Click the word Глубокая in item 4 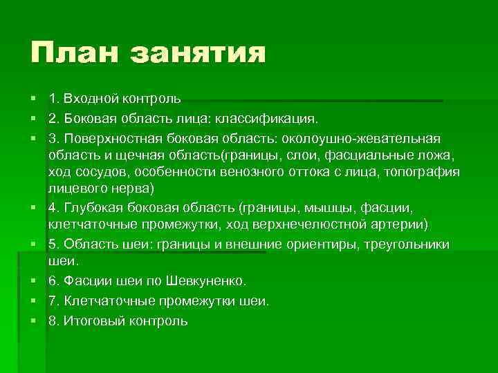point(91,207)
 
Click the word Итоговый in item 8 point(89,321)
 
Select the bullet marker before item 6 point(33,281)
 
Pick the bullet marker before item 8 point(33,321)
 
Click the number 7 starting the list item point(53,301)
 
